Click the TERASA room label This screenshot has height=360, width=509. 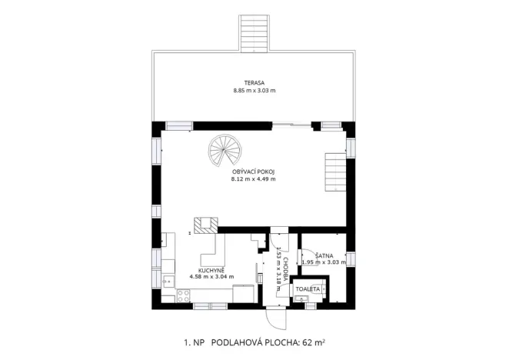tap(254, 82)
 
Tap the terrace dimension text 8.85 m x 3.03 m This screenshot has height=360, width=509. tap(254, 91)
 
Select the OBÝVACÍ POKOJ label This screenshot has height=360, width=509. tap(254, 171)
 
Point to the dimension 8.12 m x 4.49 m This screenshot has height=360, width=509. tap(254, 179)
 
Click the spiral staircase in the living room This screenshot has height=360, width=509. tap(224, 151)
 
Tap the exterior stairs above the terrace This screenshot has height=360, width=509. tap(253, 32)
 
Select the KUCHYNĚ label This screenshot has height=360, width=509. tap(211, 270)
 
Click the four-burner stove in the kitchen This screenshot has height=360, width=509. tap(183, 295)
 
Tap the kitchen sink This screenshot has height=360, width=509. tap(167, 282)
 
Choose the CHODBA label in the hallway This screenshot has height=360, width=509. tap(284, 269)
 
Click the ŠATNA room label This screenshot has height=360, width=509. tap(322, 254)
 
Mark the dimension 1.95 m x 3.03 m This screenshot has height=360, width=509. tap(326, 262)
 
